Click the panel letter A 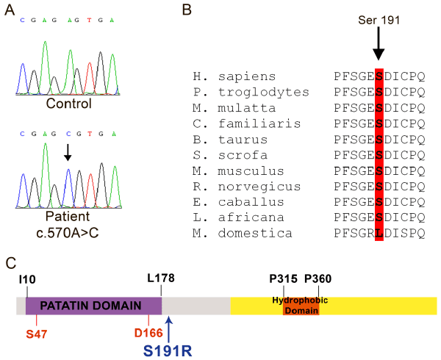pos(10,10)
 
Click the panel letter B pos(187,10)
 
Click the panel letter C pos(10,262)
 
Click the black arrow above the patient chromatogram pos(68,152)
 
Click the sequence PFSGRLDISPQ pos(379,234)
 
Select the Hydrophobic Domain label pos(301,305)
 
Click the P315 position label pos(284,279)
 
